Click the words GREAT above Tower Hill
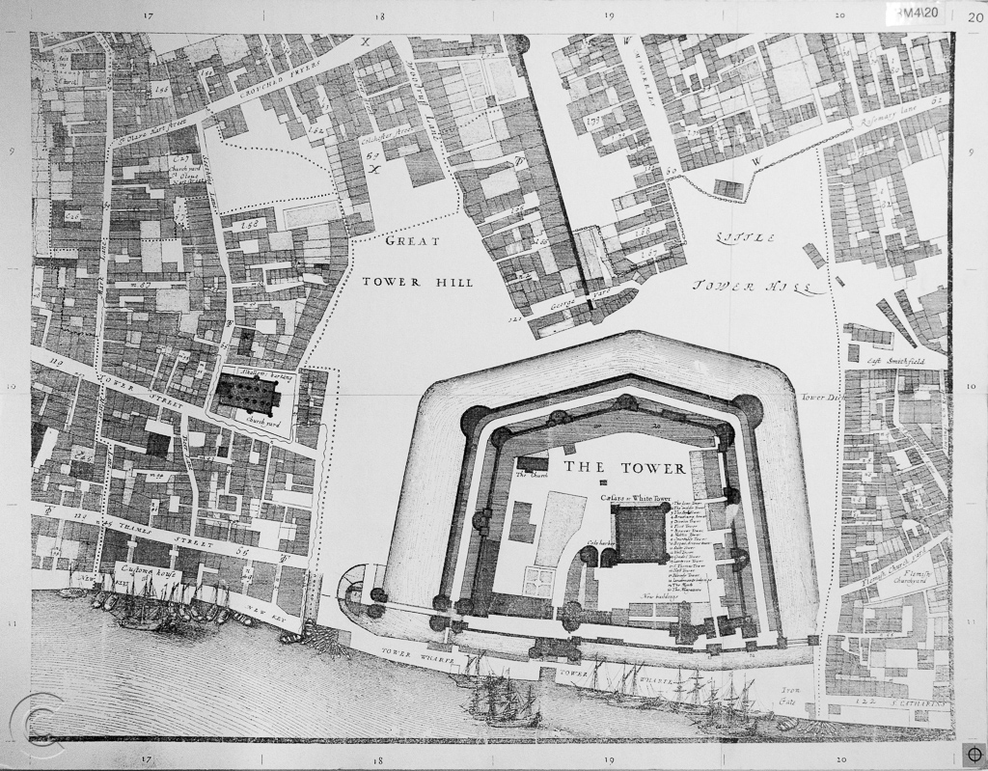412,241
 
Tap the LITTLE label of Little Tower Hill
745,237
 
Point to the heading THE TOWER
624,468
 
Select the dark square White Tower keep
642,534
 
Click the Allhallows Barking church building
248,391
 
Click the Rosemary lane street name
890,116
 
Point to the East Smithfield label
894,362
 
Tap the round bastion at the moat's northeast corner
747,410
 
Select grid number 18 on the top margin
379,16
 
